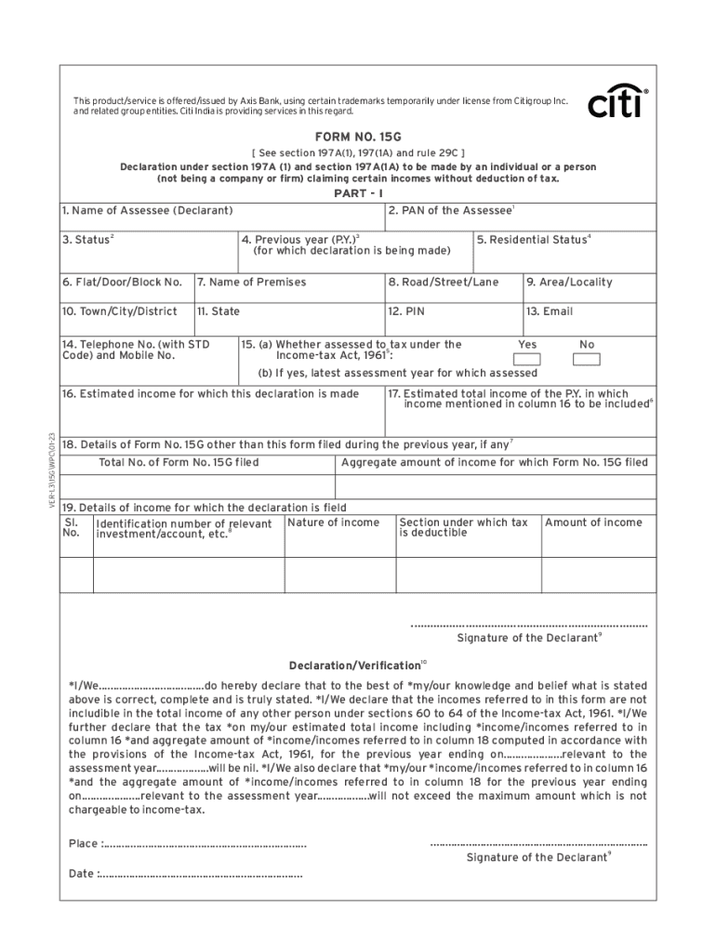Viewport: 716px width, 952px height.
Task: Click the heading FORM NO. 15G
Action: (358, 137)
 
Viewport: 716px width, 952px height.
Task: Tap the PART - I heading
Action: (358, 193)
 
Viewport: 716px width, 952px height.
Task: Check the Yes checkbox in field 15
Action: (527, 360)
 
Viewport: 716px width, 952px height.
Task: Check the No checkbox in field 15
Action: (587, 360)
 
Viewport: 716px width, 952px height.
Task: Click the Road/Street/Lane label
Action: (443, 282)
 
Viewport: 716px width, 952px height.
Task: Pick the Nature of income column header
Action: (334, 522)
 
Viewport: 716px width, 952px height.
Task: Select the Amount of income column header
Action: (593, 522)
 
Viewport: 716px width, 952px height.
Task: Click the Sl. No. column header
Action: (72, 527)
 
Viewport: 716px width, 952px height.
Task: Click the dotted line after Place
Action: (205, 845)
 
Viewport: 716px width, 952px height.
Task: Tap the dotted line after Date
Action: (200, 875)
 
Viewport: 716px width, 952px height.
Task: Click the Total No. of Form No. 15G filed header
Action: (179, 462)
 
